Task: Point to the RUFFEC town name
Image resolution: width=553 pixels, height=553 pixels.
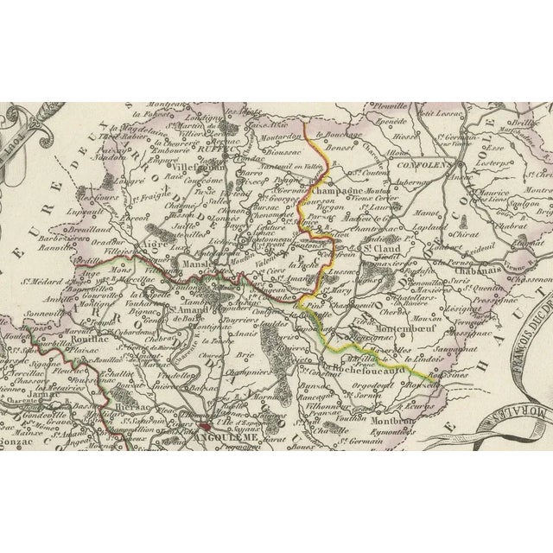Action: pyautogui.click(x=228, y=145)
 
